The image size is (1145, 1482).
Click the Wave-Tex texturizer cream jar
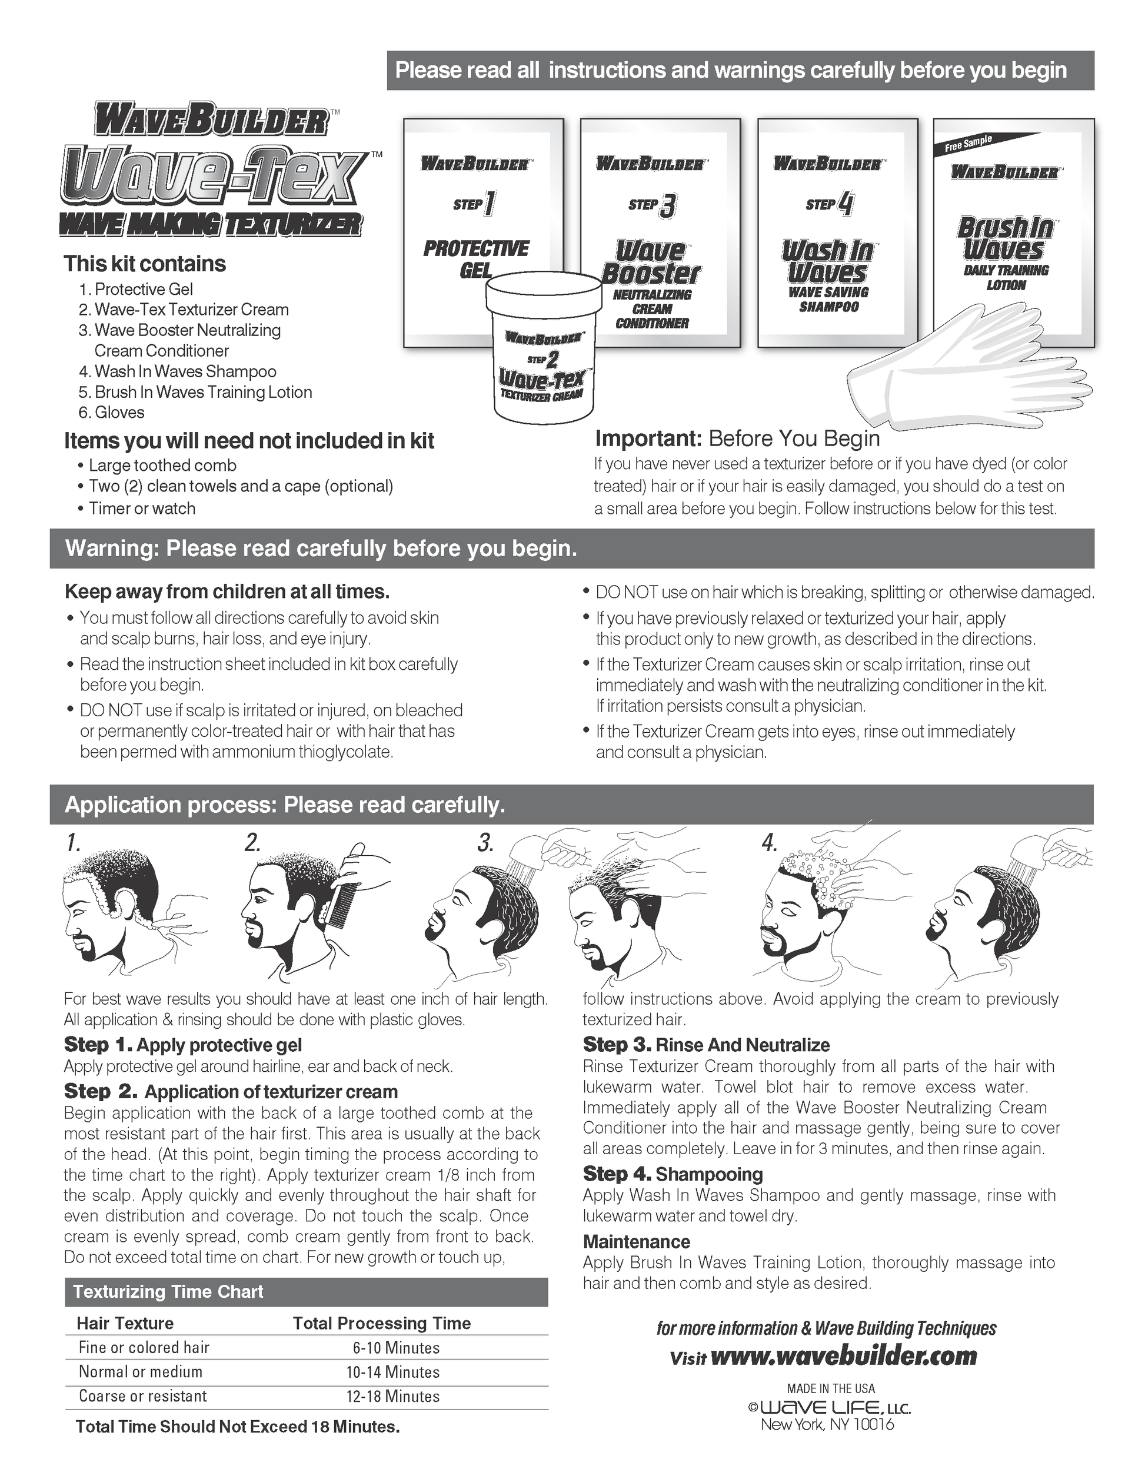(544, 353)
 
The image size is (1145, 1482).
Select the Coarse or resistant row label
(142, 1396)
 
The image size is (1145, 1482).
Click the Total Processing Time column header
(381, 1323)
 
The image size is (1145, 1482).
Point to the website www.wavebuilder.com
(844, 1356)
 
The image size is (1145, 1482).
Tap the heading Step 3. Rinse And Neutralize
(706, 1045)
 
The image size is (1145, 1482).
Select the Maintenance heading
(636, 1242)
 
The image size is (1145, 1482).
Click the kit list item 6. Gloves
(112, 413)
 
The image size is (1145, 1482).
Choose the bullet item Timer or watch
(142, 509)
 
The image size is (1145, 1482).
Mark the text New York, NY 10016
(827, 1424)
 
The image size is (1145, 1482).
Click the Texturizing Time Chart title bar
(306, 1292)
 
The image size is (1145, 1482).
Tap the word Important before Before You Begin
(647, 439)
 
